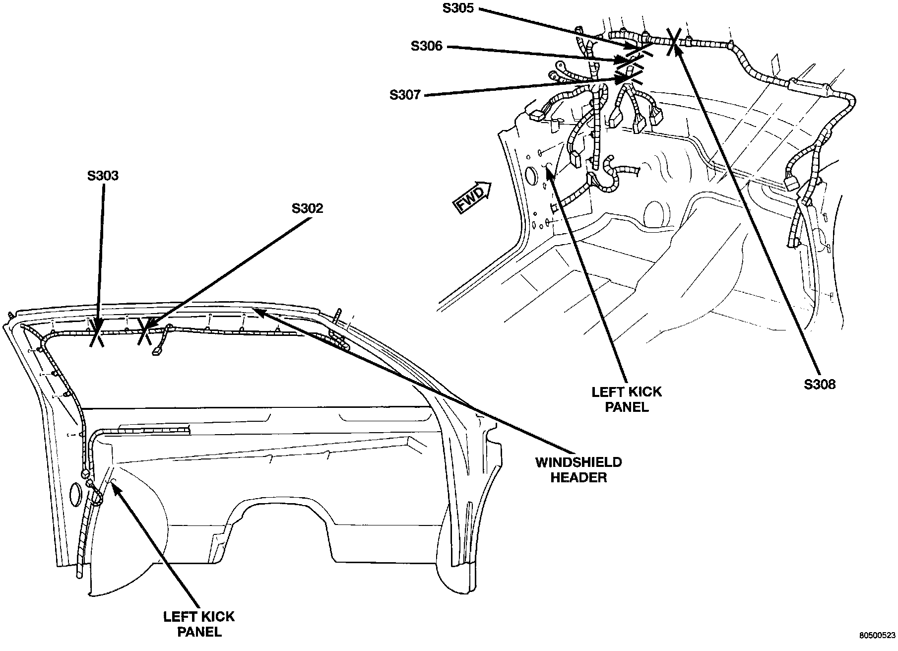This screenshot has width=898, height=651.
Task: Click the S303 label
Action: pos(104,176)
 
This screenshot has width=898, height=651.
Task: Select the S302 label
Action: pos(307,208)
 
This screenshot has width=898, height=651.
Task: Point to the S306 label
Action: pos(426,46)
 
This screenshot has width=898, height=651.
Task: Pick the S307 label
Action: pos(405,94)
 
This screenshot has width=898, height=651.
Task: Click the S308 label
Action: pos(820,384)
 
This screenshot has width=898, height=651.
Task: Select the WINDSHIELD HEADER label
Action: pos(578,470)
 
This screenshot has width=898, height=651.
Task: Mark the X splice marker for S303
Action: pos(96,332)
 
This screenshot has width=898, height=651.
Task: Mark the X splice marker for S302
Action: pos(144,331)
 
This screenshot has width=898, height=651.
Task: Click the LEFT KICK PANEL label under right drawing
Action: pos(627,399)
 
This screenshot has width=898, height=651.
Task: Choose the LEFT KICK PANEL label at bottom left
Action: pos(199,624)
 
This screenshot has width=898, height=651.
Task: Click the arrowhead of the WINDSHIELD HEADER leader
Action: pos(256,310)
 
